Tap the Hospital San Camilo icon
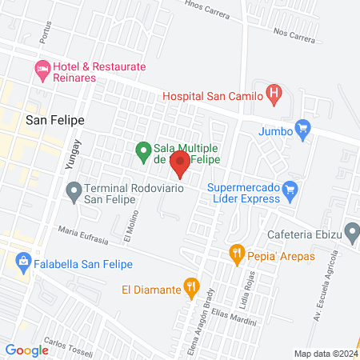(x=274, y=95)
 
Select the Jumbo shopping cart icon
(x=302, y=128)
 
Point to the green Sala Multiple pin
(x=143, y=150)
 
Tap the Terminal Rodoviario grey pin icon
(x=74, y=192)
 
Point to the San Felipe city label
(x=55, y=121)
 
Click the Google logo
(x=27, y=350)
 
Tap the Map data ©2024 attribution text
(x=326, y=353)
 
